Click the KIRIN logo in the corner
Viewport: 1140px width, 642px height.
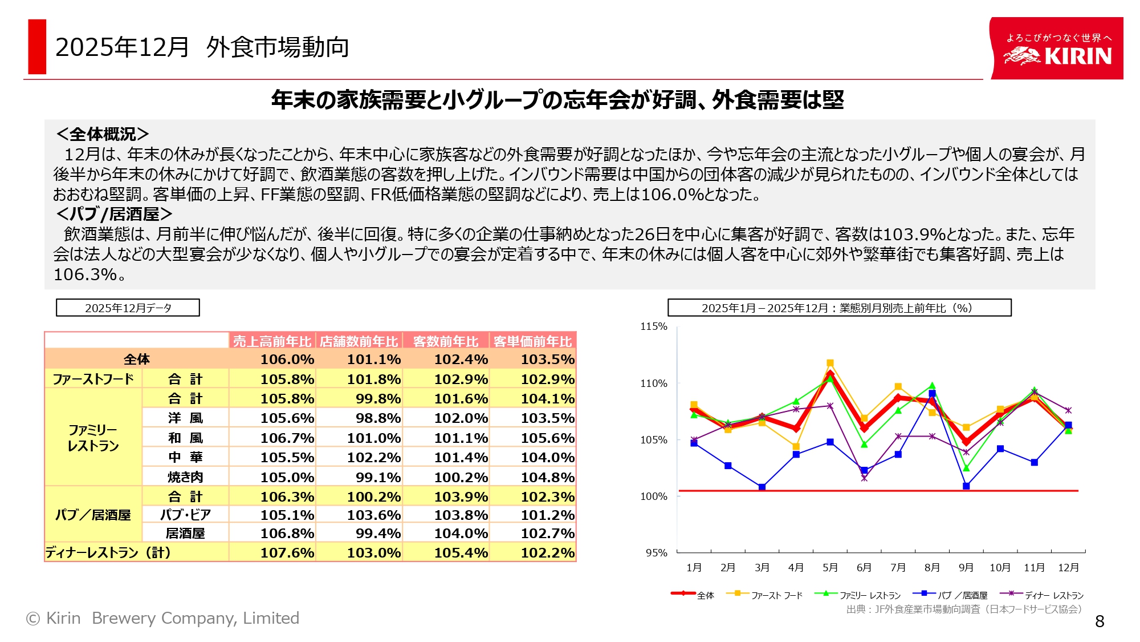(x=1056, y=49)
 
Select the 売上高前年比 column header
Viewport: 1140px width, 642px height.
(x=272, y=341)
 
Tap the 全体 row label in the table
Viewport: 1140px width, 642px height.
(x=137, y=360)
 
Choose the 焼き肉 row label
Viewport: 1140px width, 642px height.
(x=185, y=477)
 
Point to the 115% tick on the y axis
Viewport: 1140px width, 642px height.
(x=654, y=326)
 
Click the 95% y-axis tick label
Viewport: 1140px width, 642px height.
(x=656, y=552)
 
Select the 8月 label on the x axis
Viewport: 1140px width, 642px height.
(x=932, y=567)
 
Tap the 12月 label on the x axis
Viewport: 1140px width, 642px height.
(x=1068, y=567)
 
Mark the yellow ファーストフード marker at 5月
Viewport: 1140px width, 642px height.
(x=830, y=363)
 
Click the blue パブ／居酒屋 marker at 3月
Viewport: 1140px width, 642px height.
(x=762, y=487)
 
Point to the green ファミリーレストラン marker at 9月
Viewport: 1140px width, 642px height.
(x=966, y=468)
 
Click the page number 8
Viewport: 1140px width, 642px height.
(x=1100, y=621)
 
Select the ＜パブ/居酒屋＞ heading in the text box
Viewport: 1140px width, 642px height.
(x=114, y=214)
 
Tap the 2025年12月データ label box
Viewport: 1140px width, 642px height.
(x=128, y=308)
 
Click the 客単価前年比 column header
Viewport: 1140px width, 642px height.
(x=532, y=341)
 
